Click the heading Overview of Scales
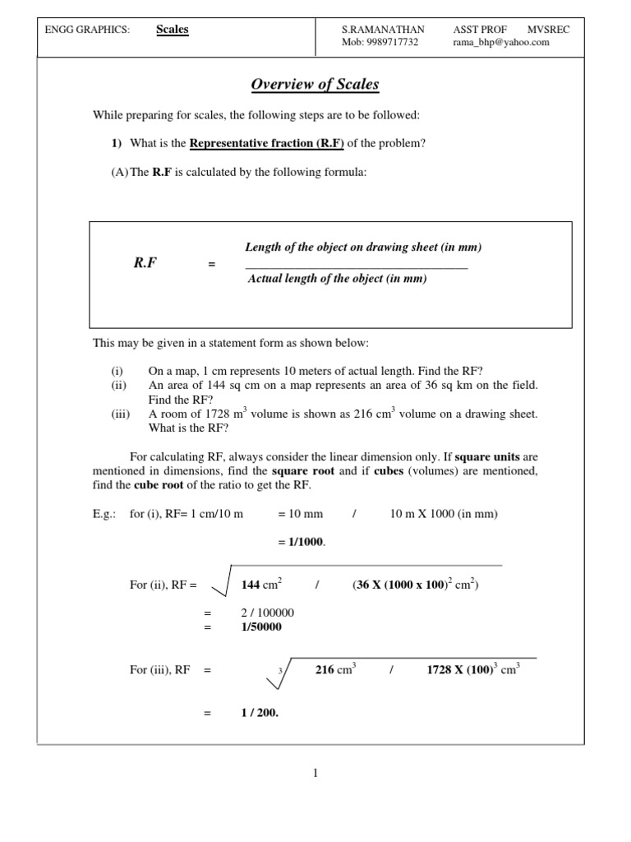(x=315, y=85)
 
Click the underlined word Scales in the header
(x=173, y=30)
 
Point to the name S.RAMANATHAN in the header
(x=383, y=30)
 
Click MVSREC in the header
(x=548, y=30)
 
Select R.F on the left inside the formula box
(x=145, y=263)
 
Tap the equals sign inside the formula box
(x=211, y=264)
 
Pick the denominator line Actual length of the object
(x=338, y=279)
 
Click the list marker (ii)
(x=120, y=384)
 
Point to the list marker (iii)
(x=122, y=414)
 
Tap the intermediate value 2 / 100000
(x=268, y=613)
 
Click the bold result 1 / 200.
(x=260, y=713)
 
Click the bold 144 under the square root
(x=251, y=585)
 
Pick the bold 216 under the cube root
(x=325, y=670)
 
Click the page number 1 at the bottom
(x=315, y=773)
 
